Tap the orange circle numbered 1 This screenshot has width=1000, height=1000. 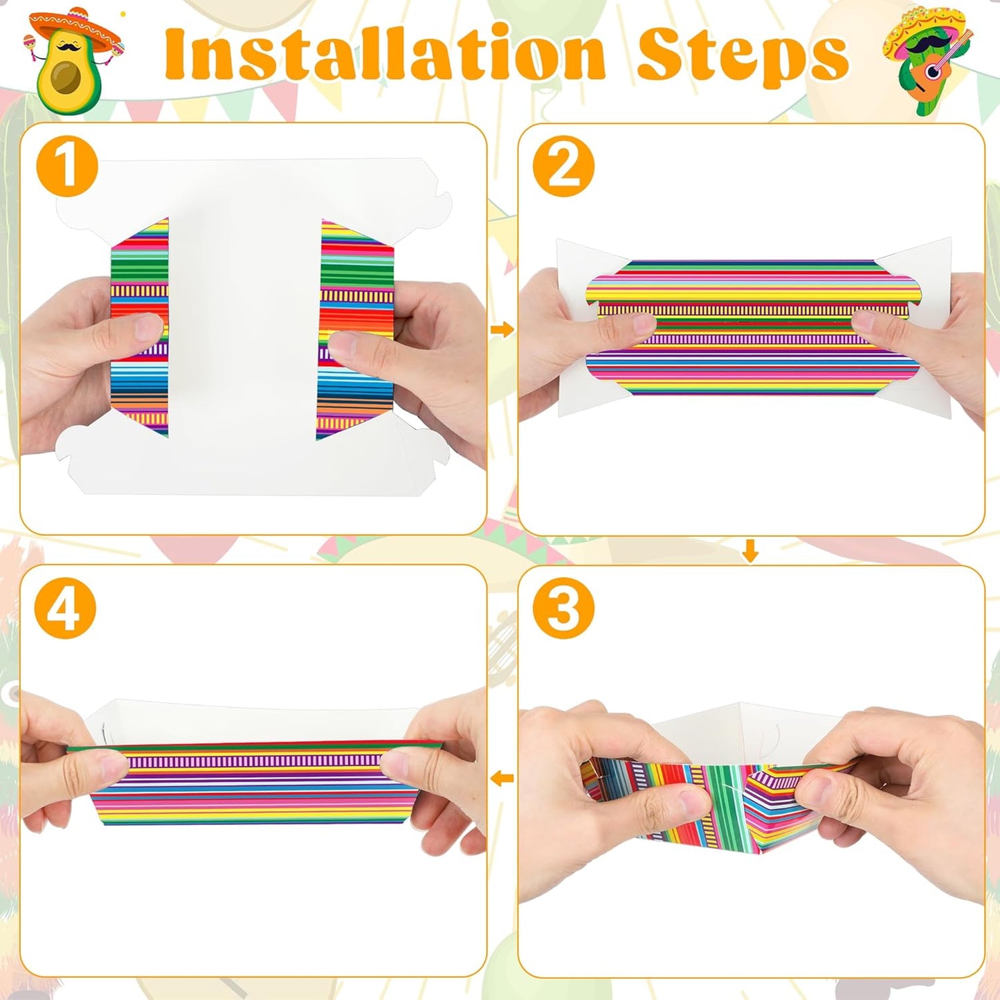[x=67, y=167]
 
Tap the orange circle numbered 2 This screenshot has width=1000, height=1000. [x=563, y=166]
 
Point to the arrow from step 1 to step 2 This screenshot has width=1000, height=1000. [x=502, y=329]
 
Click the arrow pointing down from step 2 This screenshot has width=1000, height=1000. [x=750, y=552]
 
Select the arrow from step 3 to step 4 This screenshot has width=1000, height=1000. [x=502, y=779]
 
